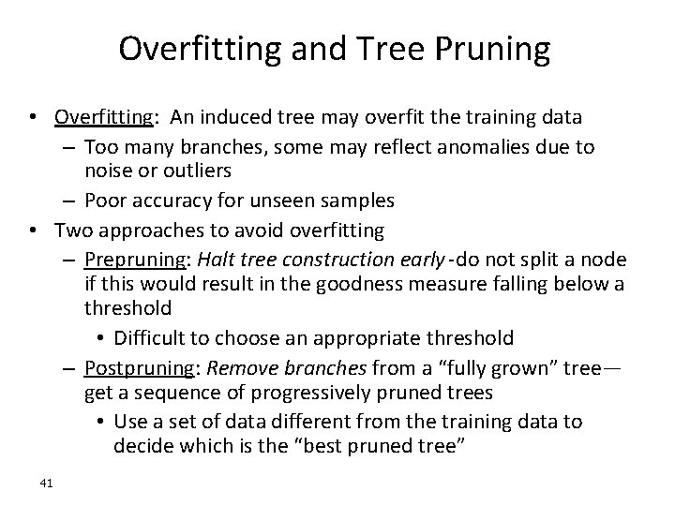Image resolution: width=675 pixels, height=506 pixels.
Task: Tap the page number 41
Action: pos(48,483)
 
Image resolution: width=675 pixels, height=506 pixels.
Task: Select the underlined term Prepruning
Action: pos(127,259)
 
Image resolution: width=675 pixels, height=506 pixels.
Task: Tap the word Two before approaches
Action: pos(72,229)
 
